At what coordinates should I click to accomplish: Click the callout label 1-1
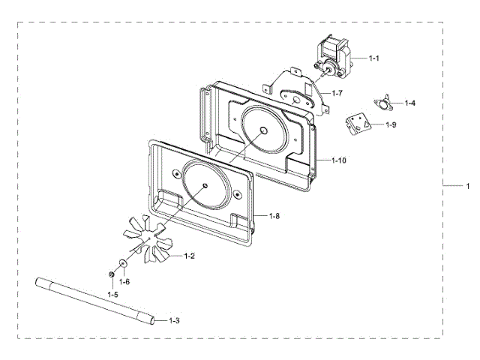tap(373, 58)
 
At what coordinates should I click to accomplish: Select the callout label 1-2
tap(189, 256)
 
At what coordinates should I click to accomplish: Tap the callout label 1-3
tap(173, 320)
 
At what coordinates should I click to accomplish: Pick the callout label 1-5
tap(112, 295)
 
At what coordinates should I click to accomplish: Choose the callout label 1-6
tap(125, 281)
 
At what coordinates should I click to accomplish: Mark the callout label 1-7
tap(337, 94)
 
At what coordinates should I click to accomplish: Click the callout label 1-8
tap(274, 216)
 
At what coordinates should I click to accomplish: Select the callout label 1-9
tap(391, 124)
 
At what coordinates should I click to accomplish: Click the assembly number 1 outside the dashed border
tap(468, 185)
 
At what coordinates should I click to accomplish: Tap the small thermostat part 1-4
tap(385, 103)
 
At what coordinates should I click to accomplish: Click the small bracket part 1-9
tap(358, 125)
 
